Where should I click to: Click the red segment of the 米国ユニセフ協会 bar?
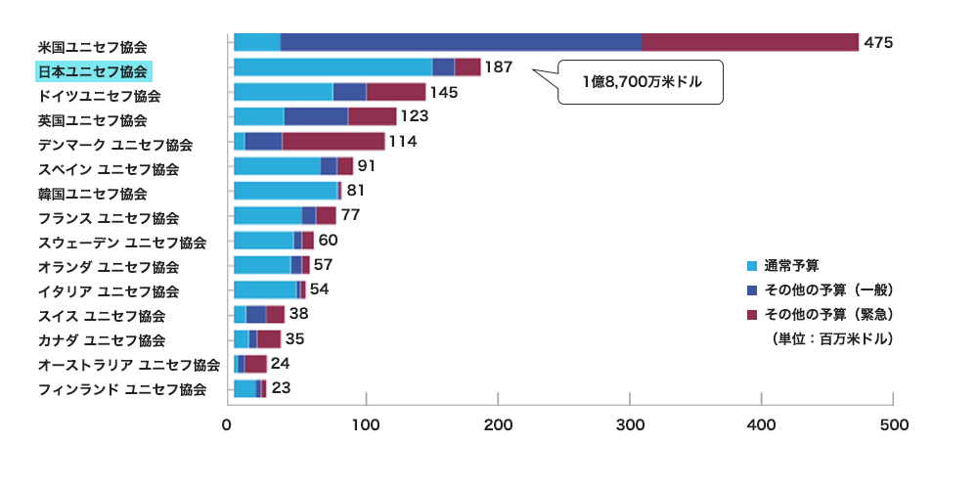coord(749,42)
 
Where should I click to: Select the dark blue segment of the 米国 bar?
coord(461,42)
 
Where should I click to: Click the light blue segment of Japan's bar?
coord(333,67)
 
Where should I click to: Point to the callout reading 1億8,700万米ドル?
coord(641,81)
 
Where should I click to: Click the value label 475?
coord(878,43)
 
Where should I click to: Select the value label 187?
coord(499,67)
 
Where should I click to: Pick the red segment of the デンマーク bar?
coord(333,141)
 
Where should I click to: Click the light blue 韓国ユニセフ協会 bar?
coord(285,190)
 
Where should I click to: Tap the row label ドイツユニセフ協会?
coord(99,96)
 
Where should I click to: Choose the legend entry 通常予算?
coord(790,265)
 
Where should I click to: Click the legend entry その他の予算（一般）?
coord(827,289)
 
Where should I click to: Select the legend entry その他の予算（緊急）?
coord(827,314)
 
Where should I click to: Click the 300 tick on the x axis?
coord(630,425)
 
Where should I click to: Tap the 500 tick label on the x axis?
coord(894,425)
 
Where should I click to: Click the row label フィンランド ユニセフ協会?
coord(121,389)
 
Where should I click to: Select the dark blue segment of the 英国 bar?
coord(315,116)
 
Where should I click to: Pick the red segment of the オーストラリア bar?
coord(255,364)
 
